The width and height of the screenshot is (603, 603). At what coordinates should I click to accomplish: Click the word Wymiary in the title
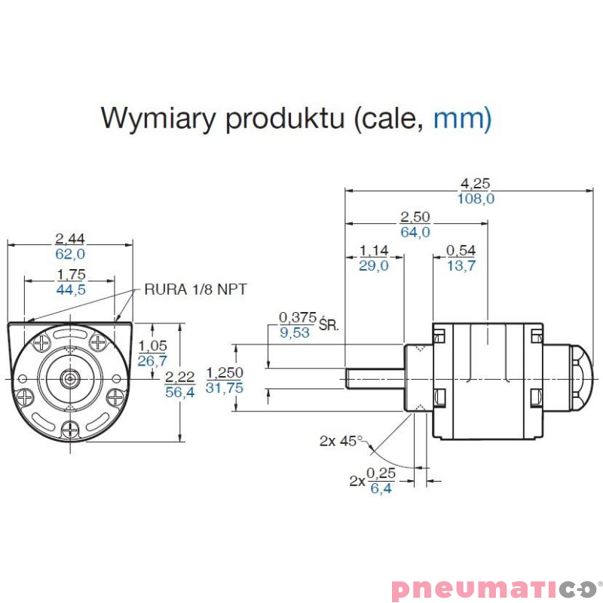click(x=155, y=118)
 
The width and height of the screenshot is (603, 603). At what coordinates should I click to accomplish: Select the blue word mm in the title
click(x=462, y=118)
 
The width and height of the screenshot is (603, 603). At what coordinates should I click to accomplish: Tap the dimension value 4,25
click(x=475, y=182)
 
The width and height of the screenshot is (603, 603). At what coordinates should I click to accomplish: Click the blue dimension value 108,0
click(x=475, y=199)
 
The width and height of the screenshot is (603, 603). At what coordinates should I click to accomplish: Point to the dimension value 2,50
click(x=415, y=217)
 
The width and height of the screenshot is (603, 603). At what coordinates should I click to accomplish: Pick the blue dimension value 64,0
click(x=415, y=232)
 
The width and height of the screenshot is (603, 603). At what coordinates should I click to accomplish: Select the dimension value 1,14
click(x=374, y=250)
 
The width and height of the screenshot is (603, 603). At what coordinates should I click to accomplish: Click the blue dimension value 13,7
click(x=461, y=265)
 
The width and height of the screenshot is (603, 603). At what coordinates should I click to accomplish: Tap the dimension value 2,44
click(x=70, y=239)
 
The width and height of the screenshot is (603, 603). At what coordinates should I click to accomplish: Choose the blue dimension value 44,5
click(x=70, y=289)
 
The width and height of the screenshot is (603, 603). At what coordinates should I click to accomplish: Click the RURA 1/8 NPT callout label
click(x=196, y=289)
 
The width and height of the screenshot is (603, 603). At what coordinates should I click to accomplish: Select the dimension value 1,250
click(x=224, y=372)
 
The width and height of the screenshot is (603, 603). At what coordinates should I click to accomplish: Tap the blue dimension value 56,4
click(x=179, y=391)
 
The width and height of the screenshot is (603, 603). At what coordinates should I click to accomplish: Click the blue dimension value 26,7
click(x=152, y=361)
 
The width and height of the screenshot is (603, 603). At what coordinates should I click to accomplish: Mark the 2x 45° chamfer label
click(x=341, y=441)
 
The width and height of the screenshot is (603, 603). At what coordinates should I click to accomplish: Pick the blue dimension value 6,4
click(x=381, y=488)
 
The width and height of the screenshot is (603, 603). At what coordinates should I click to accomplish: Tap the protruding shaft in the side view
click(x=374, y=377)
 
